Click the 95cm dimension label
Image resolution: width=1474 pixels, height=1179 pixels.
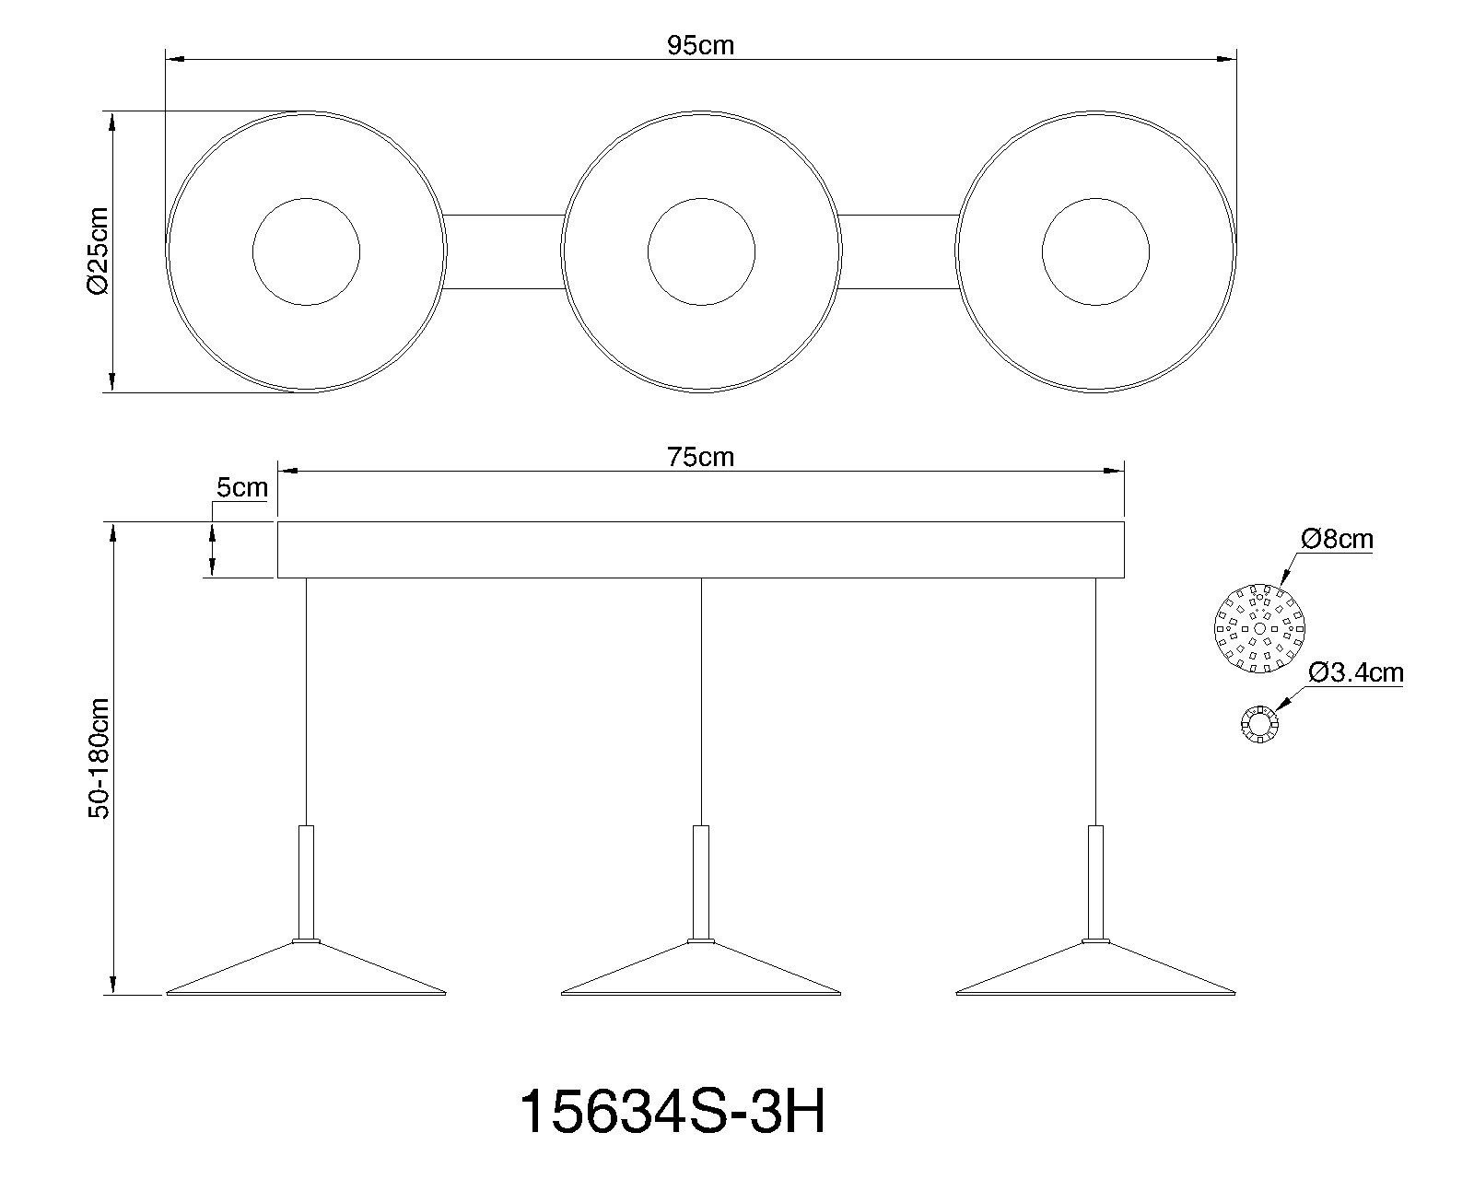tap(700, 45)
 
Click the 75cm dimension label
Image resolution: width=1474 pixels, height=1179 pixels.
tap(701, 457)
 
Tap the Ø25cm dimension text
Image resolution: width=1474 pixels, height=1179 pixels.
tap(99, 251)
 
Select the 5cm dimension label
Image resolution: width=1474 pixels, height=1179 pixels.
tap(241, 487)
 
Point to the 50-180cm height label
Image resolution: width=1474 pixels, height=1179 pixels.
tap(99, 758)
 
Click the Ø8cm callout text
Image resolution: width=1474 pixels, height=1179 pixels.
tap(1336, 539)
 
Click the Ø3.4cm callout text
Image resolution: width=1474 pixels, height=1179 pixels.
tap(1355, 673)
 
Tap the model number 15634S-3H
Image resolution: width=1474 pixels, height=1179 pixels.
tap(673, 1112)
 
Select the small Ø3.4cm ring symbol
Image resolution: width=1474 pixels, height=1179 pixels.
tap(1258, 725)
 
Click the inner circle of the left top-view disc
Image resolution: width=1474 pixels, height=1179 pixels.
tap(306, 251)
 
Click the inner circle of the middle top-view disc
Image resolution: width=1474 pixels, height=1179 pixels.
tap(701, 251)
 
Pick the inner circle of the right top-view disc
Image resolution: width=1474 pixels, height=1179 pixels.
tap(1095, 251)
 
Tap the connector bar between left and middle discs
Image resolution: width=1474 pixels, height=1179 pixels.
tap(505, 251)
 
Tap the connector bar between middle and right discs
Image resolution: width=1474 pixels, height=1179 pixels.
tap(899, 251)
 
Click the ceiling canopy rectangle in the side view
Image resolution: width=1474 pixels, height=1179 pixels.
tap(700, 550)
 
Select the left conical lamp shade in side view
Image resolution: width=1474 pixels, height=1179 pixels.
tap(306, 972)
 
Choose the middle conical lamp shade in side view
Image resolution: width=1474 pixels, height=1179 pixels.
tap(701, 972)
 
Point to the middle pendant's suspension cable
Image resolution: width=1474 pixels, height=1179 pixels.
tap(701, 700)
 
